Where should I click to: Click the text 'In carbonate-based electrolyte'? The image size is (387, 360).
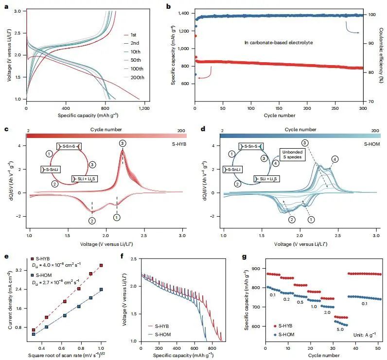[x=278, y=43]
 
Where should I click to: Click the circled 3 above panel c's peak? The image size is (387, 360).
[x=122, y=143]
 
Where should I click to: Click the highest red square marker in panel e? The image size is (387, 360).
[x=101, y=265]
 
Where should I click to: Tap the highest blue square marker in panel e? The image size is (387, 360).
[x=101, y=289]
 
